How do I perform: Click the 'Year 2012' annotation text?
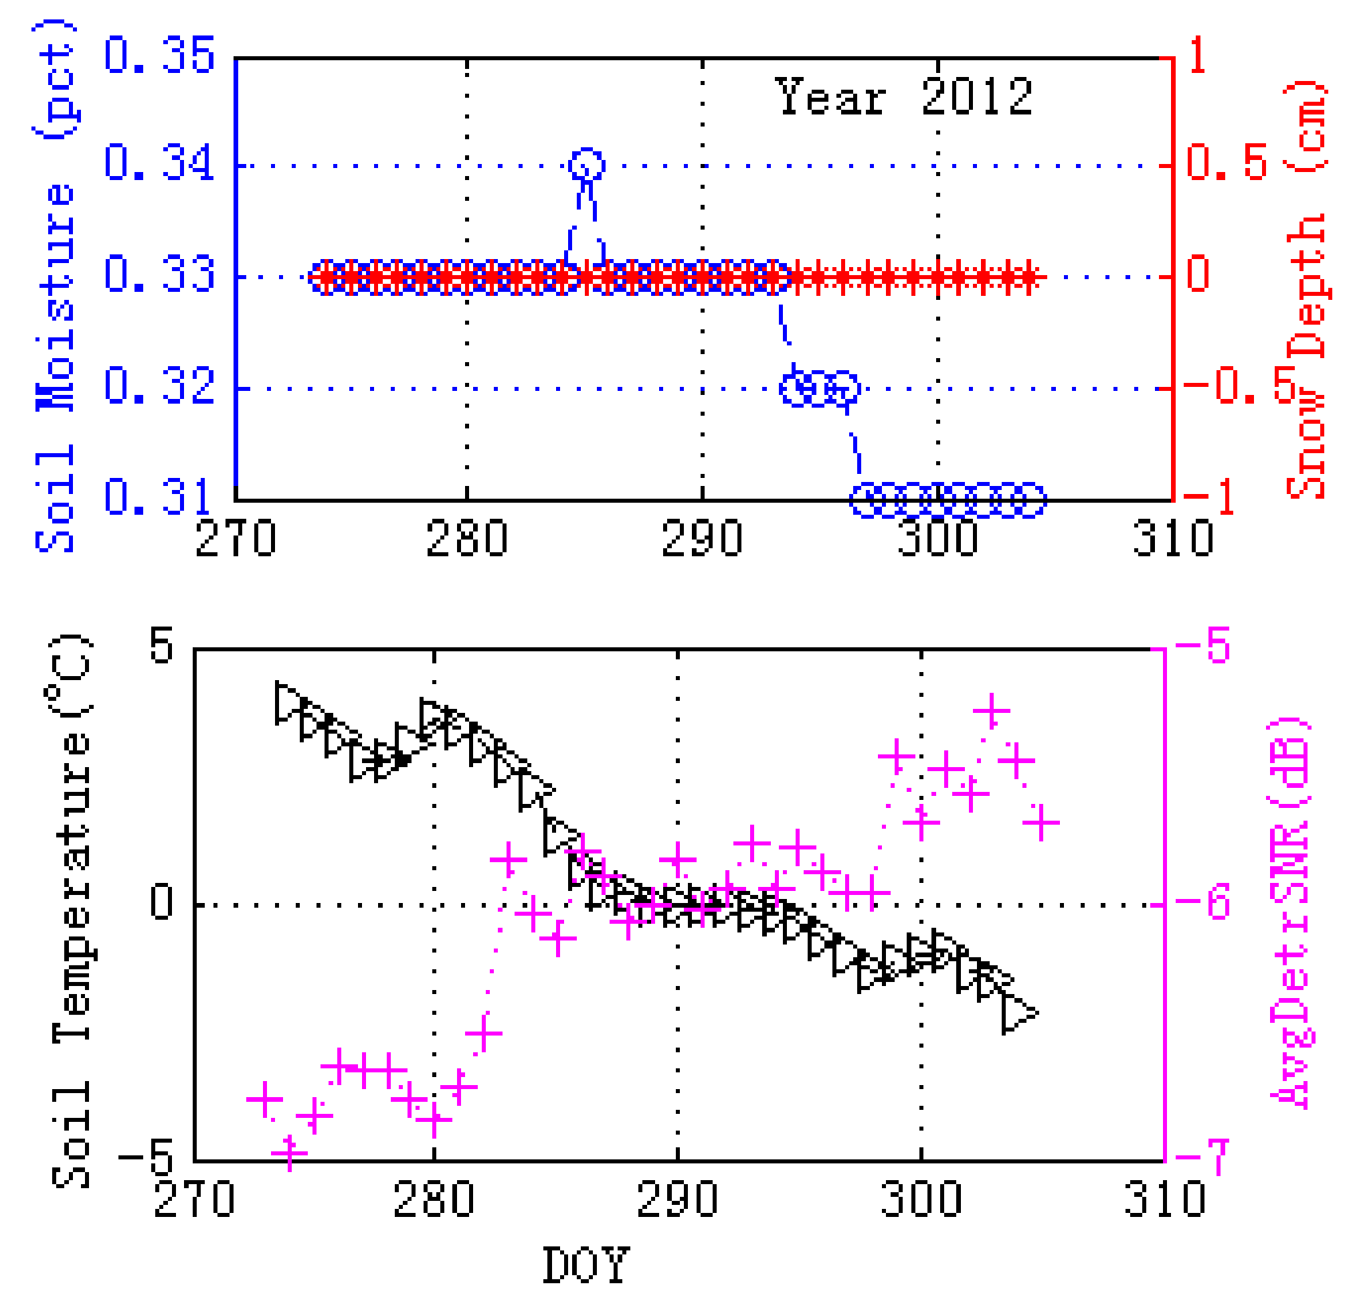point(903,97)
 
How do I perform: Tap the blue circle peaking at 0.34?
point(587,165)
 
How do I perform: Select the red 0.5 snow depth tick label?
point(1227,163)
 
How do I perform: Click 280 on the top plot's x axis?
point(466,540)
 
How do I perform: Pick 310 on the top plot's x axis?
point(1173,540)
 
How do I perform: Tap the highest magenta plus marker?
point(992,710)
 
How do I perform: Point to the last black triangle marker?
point(1018,1013)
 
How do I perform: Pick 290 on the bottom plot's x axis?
point(677,1200)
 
